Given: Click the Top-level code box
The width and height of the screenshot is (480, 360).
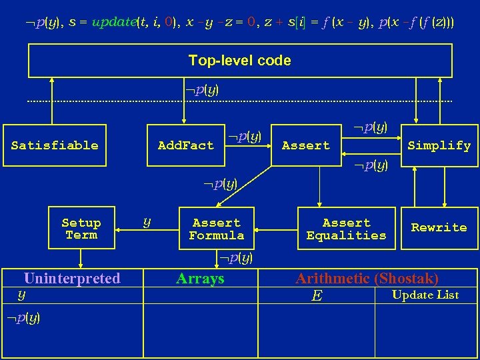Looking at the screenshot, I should coord(240,61).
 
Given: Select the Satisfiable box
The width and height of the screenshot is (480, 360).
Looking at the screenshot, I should coord(55,145).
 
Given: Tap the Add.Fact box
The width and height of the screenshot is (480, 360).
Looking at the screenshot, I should coord(186,145).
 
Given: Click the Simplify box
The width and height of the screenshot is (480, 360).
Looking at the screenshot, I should coord(439,145).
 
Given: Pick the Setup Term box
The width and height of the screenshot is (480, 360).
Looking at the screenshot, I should coord(81,229).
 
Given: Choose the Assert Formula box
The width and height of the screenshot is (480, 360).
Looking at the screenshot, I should coord(217,229).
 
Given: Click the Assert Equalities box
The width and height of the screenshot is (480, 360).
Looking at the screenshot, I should coord(346,229).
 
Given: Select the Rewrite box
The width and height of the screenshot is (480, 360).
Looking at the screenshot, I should coord(439,227).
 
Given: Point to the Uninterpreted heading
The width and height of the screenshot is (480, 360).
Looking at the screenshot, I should coord(72,279).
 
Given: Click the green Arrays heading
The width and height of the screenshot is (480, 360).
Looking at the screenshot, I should coord(200,279).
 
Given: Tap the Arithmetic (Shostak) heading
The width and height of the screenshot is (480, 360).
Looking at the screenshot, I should coord(367,279).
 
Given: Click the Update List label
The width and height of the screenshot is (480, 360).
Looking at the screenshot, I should coord(425,295).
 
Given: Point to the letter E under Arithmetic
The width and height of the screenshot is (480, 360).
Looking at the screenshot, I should coord(317,295).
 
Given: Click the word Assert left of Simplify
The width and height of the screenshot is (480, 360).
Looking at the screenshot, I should coord(306,145).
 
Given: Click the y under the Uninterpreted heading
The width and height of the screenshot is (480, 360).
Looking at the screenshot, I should coord(21,293).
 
